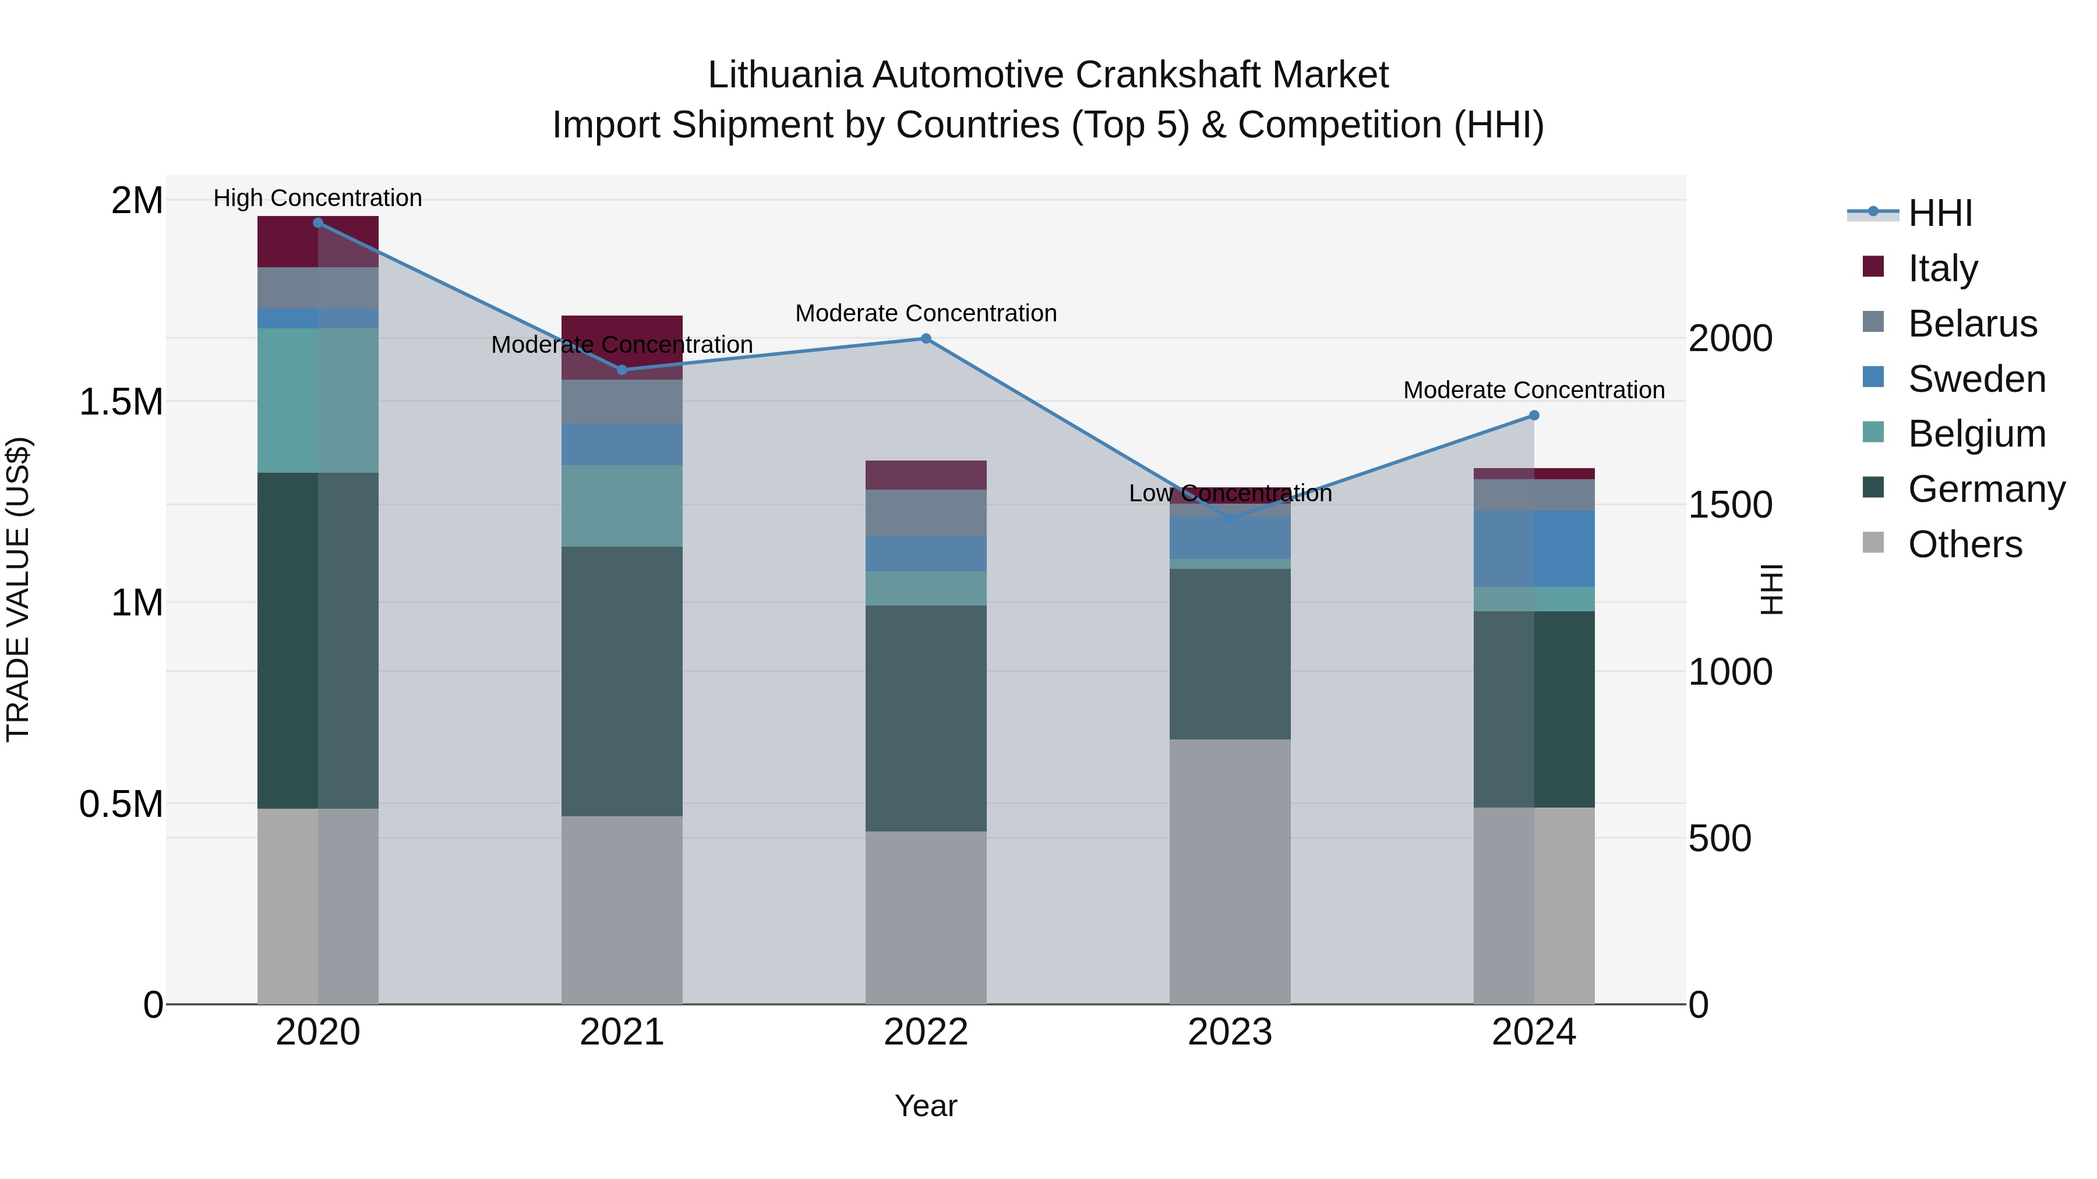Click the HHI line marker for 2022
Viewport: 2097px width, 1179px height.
pos(926,338)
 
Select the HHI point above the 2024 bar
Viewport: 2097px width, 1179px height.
pos(1534,415)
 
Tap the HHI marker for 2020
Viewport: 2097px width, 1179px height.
pos(317,222)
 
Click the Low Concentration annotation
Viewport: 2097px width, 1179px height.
pos(1230,493)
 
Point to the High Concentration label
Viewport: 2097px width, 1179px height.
pos(317,198)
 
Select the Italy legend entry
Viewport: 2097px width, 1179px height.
pos(1942,268)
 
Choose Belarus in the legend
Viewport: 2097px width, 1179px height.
pos(1972,324)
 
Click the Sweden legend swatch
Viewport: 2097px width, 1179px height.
pos(1873,377)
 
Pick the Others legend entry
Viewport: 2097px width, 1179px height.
pos(1964,544)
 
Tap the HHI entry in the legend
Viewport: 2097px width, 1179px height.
pos(1940,213)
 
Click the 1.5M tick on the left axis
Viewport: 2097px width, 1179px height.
pos(121,402)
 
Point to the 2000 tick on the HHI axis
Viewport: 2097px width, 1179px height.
pos(1730,338)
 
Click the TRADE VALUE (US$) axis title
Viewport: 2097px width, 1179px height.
pos(18,589)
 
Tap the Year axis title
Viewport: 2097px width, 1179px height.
pos(926,1106)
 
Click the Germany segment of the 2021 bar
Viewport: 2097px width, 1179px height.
pos(622,681)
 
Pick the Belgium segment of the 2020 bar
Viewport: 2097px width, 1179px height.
pos(317,401)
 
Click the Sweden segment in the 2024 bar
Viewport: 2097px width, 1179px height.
pos(1534,548)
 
